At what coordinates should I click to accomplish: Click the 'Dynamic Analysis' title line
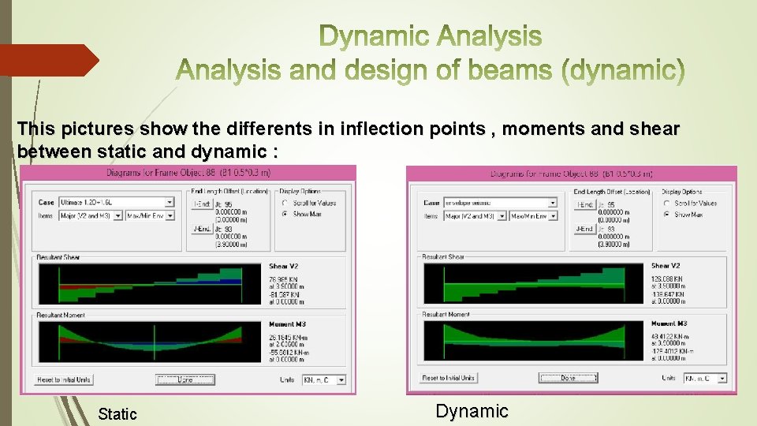click(x=431, y=36)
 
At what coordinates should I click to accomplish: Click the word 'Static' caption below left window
click(x=117, y=413)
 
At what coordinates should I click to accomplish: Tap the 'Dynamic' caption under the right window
click(x=472, y=410)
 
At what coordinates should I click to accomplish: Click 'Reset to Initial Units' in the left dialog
click(x=64, y=379)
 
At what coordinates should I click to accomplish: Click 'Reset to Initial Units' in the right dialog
click(x=449, y=378)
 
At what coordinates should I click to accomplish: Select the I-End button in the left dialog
click(x=202, y=203)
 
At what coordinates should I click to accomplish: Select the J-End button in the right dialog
click(x=584, y=229)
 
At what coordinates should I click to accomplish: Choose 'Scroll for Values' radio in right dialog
click(x=667, y=203)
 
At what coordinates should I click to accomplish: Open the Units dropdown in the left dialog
click(x=324, y=379)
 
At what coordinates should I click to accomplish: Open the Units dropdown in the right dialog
click(x=705, y=378)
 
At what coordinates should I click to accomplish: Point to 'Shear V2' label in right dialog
click(x=666, y=266)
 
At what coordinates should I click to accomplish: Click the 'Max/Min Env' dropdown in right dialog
click(x=533, y=215)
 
